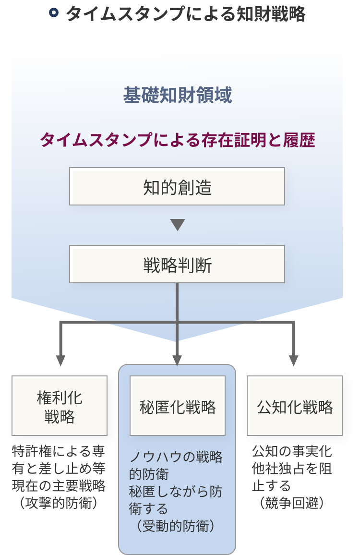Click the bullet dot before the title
pyautogui.click(x=54, y=13)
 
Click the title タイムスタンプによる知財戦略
pyautogui.click(x=185, y=14)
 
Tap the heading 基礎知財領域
pyautogui.click(x=178, y=96)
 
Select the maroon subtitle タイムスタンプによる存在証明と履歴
pyautogui.click(x=177, y=141)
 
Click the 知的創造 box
pyautogui.click(x=177, y=187)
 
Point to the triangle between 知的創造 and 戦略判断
pyautogui.click(x=178, y=224)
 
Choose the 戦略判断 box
pyautogui.click(x=177, y=265)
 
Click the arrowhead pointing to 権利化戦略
pyautogui.click(x=60, y=360)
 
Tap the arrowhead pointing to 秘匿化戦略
pyautogui.click(x=177, y=360)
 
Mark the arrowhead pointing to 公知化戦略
pyautogui.click(x=294, y=360)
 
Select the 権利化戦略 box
pyautogui.click(x=60, y=406)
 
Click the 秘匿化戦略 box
pyautogui.click(x=178, y=406)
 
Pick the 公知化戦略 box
pyautogui.click(x=295, y=406)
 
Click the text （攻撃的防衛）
pyautogui.click(x=59, y=503)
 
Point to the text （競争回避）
pyautogui.click(x=291, y=503)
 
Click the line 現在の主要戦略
pyautogui.click(x=59, y=485)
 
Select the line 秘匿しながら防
pyautogui.click(x=176, y=492)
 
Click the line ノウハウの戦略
pyautogui.click(x=176, y=457)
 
